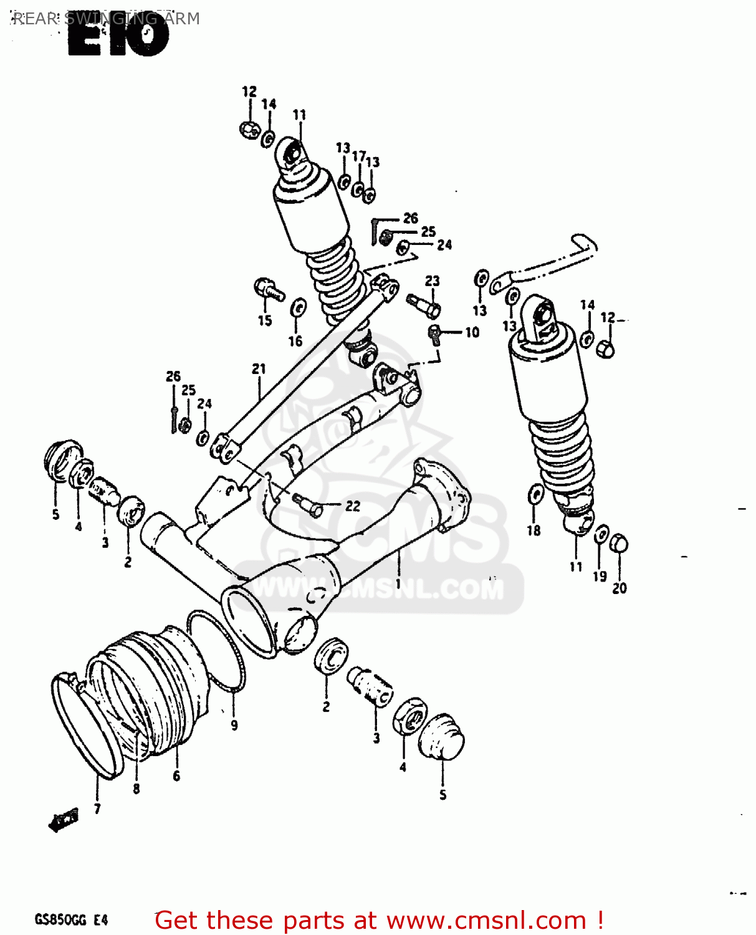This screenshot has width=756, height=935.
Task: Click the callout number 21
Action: [259, 369]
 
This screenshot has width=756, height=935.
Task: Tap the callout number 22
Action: [353, 506]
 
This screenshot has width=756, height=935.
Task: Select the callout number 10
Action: [472, 332]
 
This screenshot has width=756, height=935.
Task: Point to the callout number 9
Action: [234, 725]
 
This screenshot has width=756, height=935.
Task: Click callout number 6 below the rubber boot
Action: [176, 775]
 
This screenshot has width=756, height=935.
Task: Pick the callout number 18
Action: [534, 530]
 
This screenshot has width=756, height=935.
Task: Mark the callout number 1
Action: [398, 584]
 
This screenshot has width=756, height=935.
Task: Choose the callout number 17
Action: [358, 156]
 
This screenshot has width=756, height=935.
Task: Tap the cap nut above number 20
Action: [618, 543]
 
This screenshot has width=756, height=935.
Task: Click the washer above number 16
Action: [298, 307]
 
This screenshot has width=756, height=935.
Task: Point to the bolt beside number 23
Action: [424, 305]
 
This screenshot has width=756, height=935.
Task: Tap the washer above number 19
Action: [601, 535]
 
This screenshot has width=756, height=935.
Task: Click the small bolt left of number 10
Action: [435, 333]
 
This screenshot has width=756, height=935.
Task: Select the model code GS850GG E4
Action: [71, 919]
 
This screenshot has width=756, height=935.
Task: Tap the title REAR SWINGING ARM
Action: [106, 18]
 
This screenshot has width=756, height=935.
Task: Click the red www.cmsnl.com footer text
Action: [378, 920]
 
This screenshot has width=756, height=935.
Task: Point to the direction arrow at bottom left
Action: [64, 820]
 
